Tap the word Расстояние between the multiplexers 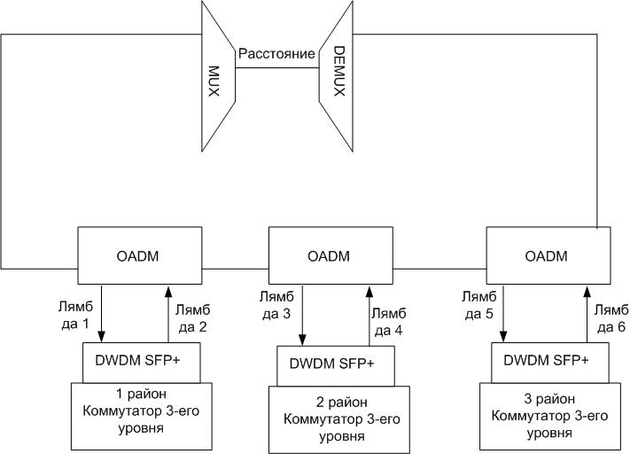[276, 54]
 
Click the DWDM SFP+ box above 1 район [139, 360]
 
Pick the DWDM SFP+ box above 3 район [547, 360]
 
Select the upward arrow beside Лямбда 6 [587, 314]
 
